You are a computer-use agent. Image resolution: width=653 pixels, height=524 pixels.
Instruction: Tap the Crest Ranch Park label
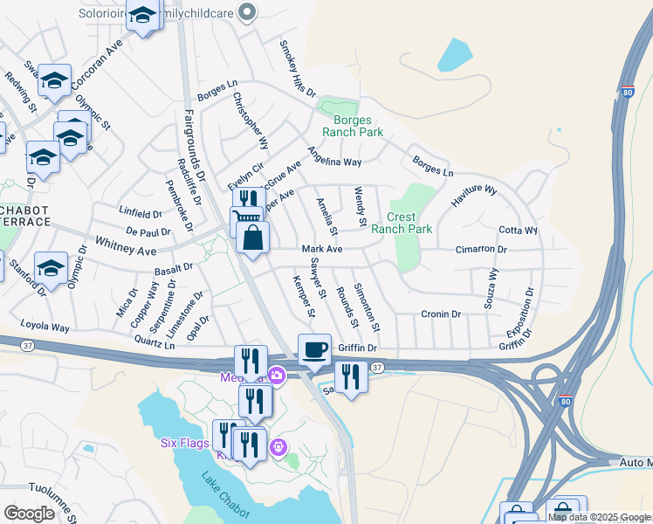pos(402,223)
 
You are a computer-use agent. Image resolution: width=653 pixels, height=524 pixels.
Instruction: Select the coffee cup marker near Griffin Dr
pos(314,349)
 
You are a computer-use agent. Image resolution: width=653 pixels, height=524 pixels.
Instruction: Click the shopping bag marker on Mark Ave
pos(252,238)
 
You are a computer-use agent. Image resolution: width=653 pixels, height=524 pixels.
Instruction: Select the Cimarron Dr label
pos(481,249)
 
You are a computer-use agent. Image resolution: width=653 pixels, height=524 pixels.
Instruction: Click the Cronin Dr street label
pos(440,314)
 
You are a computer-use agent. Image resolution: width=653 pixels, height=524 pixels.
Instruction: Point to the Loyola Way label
pos(47,327)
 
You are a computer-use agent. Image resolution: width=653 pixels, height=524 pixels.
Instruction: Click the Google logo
pos(30,513)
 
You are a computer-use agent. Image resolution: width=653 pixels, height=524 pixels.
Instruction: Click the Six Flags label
pos(182,442)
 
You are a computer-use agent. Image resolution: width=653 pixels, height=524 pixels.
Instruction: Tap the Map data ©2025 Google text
pos(598,517)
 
